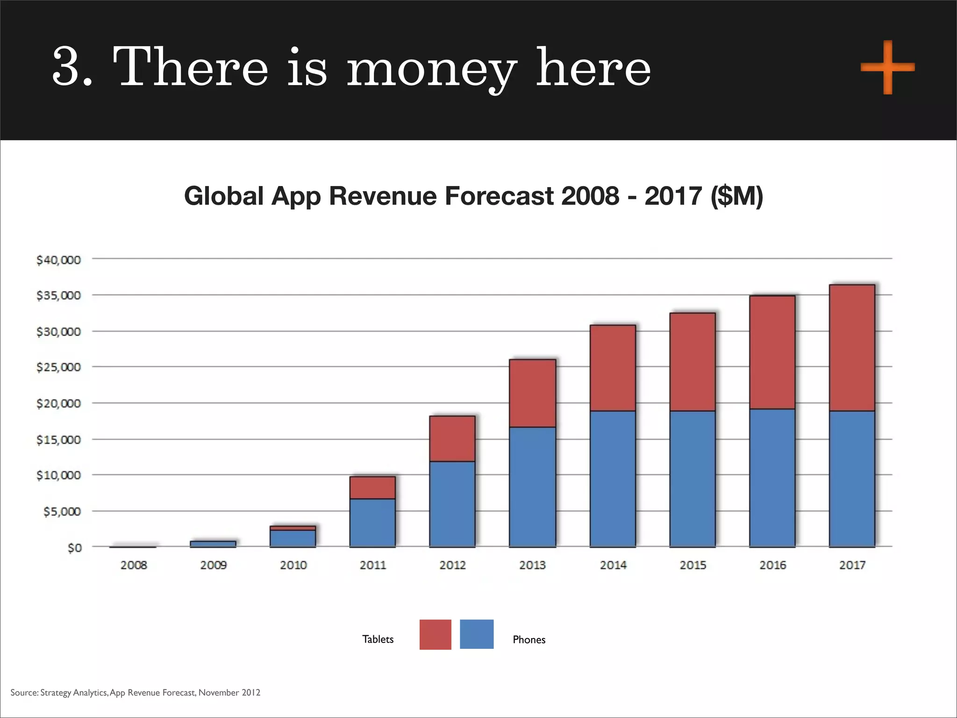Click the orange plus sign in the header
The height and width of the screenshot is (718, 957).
[887, 67]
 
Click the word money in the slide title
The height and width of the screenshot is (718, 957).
[431, 68]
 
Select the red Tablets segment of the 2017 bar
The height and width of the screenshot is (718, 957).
[852, 348]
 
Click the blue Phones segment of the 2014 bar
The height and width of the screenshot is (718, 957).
[613, 479]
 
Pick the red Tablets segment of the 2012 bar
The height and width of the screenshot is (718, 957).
[452, 438]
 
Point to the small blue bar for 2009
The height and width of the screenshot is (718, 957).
[213, 544]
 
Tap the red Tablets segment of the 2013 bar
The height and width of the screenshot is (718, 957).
[532, 393]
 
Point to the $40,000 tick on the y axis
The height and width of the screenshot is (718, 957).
[58, 260]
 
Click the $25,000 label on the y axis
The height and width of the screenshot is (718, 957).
[58, 367]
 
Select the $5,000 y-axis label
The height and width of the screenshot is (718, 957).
[62, 512]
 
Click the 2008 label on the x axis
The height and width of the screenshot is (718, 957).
[134, 565]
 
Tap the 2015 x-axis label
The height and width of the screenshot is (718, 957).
[693, 565]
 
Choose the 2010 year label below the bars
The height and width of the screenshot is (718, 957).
[293, 565]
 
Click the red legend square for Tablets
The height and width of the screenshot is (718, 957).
[435, 634]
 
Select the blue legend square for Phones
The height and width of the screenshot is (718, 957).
[476, 634]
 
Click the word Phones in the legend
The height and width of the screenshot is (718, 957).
[528, 639]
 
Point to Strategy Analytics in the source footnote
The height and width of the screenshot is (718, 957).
[74, 692]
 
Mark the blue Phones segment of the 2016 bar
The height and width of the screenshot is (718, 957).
[772, 478]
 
